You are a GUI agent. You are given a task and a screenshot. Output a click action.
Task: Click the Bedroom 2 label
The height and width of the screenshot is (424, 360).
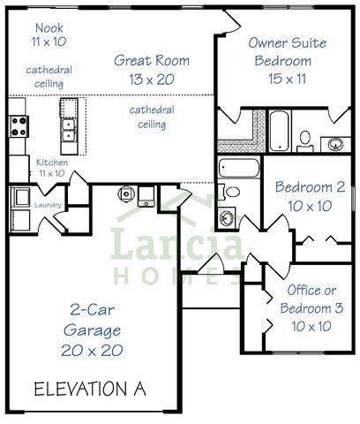309,195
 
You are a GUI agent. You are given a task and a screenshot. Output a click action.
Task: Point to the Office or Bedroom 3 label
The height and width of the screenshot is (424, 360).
306,307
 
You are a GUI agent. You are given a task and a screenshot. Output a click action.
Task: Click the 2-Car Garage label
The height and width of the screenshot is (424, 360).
92,329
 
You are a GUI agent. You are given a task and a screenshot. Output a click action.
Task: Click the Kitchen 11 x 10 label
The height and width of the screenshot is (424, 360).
49,168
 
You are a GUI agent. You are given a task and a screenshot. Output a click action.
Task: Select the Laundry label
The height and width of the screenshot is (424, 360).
47,205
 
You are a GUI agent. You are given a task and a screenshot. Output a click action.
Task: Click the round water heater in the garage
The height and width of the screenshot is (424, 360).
126,193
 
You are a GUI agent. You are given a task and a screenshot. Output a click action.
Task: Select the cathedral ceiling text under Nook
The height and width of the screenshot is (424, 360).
49,77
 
